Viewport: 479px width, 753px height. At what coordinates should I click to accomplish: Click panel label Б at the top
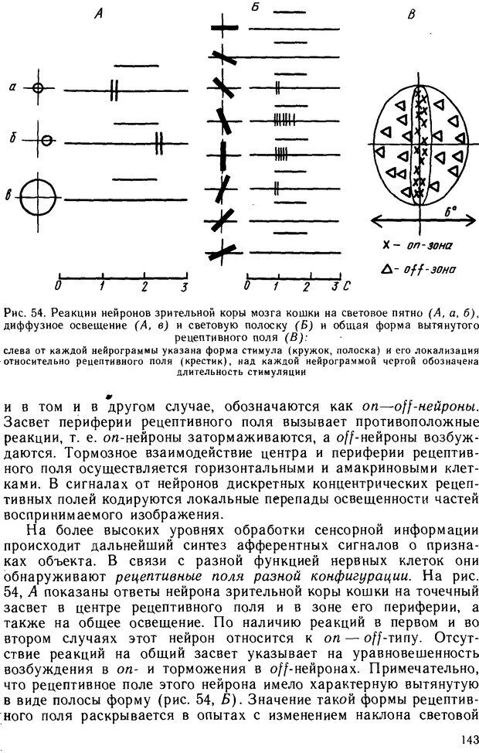[254, 7]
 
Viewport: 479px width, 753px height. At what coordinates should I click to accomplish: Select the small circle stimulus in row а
[38, 88]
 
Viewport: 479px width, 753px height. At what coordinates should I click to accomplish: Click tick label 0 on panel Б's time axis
[246, 287]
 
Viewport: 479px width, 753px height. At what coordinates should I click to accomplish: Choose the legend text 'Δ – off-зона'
[418, 270]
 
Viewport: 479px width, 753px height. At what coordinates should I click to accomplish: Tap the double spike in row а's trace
[114, 89]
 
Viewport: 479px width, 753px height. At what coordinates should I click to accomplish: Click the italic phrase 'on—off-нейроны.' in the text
[420, 405]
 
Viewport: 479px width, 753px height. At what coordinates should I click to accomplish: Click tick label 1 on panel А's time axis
[103, 287]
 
